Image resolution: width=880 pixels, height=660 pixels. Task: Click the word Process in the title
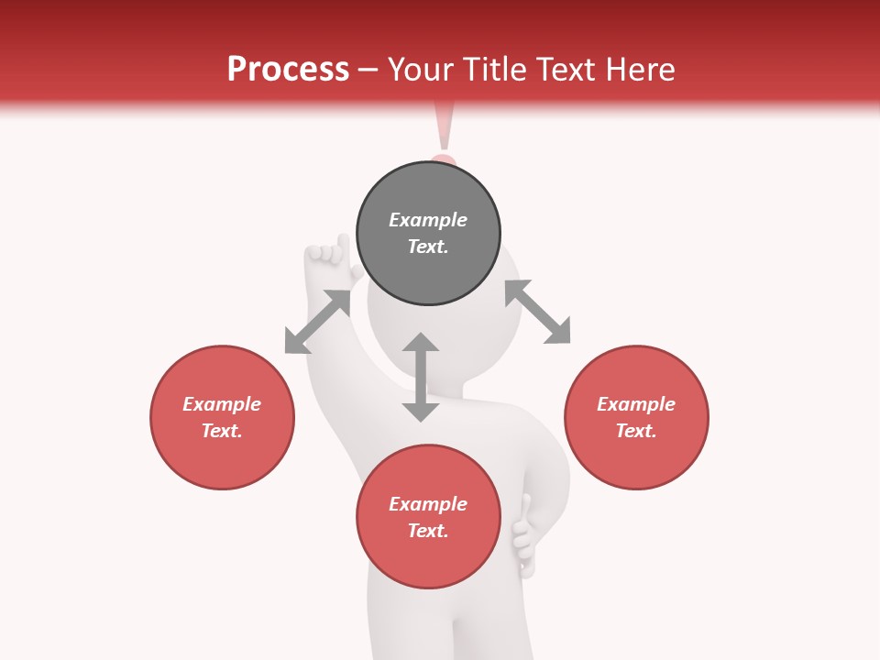tap(288, 70)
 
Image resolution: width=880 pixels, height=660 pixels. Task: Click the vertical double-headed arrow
tap(421, 377)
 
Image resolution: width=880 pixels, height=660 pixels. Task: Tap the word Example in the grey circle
tap(428, 220)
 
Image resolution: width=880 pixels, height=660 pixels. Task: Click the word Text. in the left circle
tap(222, 431)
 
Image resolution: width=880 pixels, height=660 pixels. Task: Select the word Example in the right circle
tap(636, 404)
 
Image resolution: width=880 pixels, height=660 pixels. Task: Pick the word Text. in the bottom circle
tap(428, 531)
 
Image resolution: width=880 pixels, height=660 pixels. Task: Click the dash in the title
tap(368, 70)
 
